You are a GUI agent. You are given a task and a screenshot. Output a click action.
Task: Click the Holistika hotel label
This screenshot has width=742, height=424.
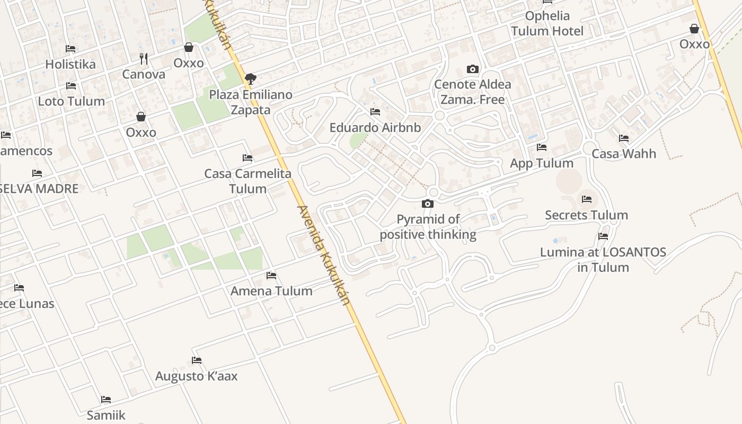tap(70, 64)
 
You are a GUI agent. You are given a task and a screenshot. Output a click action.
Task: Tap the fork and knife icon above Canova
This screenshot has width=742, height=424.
tap(144, 58)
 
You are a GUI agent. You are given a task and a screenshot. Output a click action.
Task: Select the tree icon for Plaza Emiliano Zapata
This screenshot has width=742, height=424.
tap(251, 79)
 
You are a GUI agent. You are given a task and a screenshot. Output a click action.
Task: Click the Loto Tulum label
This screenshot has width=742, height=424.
tap(71, 101)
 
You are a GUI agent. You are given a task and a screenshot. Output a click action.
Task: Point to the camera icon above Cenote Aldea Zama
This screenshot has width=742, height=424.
tap(472, 69)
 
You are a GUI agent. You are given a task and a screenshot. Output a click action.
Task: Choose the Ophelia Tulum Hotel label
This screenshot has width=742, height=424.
tap(547, 23)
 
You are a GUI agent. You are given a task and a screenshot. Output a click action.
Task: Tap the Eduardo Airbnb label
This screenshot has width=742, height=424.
tap(375, 127)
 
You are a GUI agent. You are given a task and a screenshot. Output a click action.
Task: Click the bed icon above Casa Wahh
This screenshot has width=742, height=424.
tap(624, 138)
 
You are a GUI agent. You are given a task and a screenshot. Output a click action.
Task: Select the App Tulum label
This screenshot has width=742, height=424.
tap(542, 163)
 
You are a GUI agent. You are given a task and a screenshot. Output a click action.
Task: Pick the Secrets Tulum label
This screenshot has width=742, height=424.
tap(587, 215)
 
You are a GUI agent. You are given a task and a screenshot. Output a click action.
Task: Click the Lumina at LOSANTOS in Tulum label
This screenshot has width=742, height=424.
tap(603, 259)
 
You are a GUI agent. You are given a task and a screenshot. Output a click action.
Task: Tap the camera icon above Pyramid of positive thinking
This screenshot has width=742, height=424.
tap(428, 204)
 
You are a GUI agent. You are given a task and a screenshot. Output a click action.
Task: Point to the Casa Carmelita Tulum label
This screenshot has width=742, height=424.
tap(248, 181)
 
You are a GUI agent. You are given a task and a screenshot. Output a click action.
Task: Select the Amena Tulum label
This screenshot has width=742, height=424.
tap(271, 290)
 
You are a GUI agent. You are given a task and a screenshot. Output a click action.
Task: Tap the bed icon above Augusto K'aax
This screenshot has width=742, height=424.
tap(197, 360)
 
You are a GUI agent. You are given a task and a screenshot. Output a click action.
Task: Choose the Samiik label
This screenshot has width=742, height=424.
tap(106, 414)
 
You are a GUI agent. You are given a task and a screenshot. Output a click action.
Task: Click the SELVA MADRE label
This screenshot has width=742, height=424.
tap(39, 188)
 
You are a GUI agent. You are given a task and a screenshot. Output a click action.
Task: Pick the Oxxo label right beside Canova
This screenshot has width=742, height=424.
tap(189, 63)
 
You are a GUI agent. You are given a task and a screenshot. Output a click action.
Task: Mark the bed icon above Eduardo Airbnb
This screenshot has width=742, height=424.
tap(375, 112)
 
